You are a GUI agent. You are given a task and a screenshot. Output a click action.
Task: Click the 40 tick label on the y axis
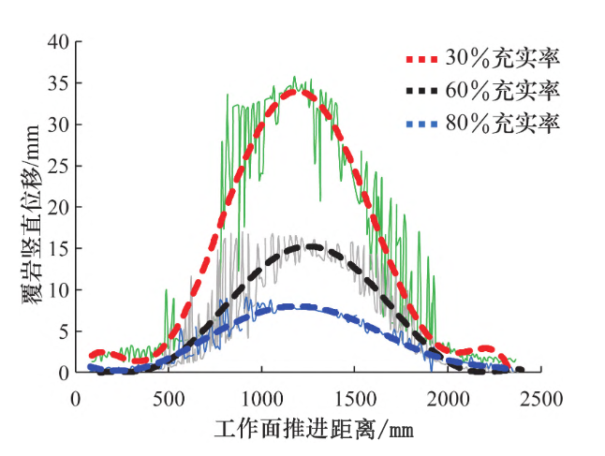(x=59, y=41)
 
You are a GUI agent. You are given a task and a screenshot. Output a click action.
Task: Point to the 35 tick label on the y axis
(x=59, y=82)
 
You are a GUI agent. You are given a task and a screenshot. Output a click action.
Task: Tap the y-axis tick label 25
(x=59, y=166)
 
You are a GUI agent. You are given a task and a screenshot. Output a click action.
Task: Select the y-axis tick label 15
(x=59, y=248)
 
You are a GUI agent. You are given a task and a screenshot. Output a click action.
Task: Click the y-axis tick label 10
(x=59, y=289)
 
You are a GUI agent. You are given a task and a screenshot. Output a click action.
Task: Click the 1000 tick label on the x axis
(x=262, y=398)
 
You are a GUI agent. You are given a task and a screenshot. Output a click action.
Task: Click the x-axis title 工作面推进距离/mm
(x=312, y=430)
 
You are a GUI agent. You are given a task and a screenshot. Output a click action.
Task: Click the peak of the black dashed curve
(x=306, y=246)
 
